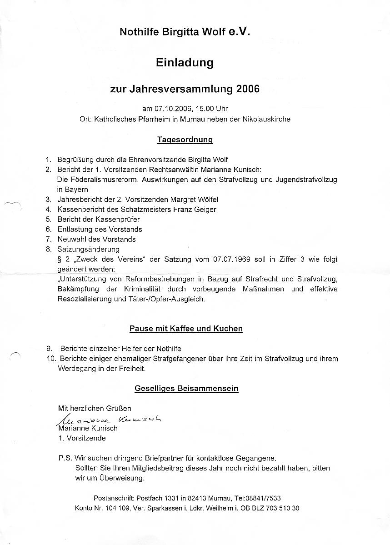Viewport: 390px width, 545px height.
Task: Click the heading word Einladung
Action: click(x=185, y=63)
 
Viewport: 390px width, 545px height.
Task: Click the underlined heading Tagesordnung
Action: click(x=185, y=140)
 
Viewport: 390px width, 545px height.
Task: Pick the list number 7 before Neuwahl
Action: click(x=48, y=239)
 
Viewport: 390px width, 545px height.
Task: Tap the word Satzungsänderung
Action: click(x=88, y=249)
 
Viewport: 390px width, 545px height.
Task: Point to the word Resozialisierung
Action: click(x=86, y=299)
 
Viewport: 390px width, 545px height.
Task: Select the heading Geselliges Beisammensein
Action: click(x=186, y=389)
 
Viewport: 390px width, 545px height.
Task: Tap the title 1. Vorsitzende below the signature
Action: click(x=82, y=438)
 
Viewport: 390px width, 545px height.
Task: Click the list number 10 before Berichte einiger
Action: click(x=50, y=359)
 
